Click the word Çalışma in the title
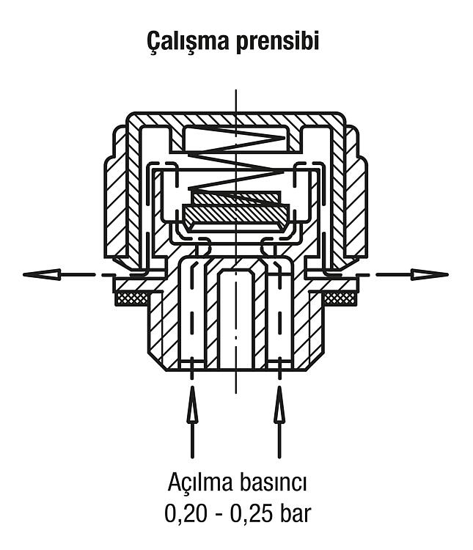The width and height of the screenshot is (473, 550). pos(188,40)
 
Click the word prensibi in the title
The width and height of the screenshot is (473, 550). pos(277,42)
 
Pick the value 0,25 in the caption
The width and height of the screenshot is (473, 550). pos(251,515)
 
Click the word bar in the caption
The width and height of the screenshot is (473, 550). pos(296,514)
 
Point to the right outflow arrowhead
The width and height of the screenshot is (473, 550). pos(430,274)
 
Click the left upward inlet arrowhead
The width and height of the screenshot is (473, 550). pos(192,404)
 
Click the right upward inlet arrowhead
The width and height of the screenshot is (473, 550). pos(279,404)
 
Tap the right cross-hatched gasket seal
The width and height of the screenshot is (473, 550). pos(340,298)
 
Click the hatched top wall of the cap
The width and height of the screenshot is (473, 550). pos(236,120)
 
